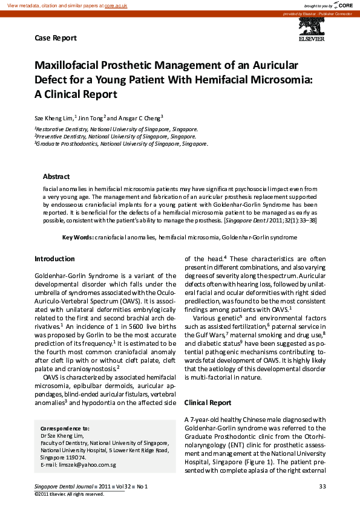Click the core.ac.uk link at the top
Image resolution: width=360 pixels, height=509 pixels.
point(116,5)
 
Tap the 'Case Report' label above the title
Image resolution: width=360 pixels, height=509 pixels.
point(56,38)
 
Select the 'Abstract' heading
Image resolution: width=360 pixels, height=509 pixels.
point(56,177)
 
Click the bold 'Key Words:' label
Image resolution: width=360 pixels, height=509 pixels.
point(77,238)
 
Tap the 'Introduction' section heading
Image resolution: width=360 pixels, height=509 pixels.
point(54,259)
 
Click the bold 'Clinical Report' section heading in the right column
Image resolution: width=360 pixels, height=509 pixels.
point(208,402)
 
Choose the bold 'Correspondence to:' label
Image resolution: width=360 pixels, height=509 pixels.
point(65,428)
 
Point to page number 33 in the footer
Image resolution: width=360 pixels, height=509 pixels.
point(322,487)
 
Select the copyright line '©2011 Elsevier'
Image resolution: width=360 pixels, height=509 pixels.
point(69,494)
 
